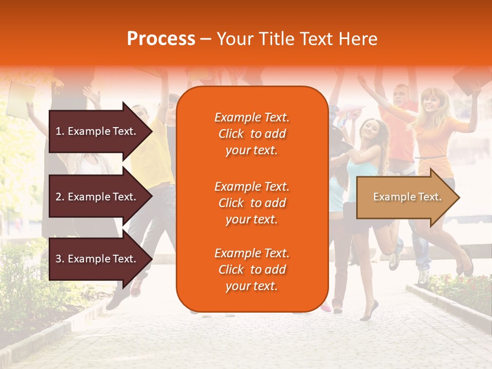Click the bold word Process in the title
pyautogui.click(x=161, y=39)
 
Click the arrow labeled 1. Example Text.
pyautogui.click(x=97, y=131)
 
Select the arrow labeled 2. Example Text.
pyautogui.click(x=97, y=197)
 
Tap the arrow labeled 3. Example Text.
pyautogui.click(x=97, y=259)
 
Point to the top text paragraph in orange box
pyautogui.click(x=252, y=134)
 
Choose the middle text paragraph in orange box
pyautogui.click(x=252, y=203)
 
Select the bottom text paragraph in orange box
pyautogui.click(x=252, y=270)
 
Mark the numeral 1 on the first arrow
pyautogui.click(x=58, y=131)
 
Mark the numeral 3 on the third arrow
pyautogui.click(x=58, y=259)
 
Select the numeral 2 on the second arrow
pyautogui.click(x=58, y=197)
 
